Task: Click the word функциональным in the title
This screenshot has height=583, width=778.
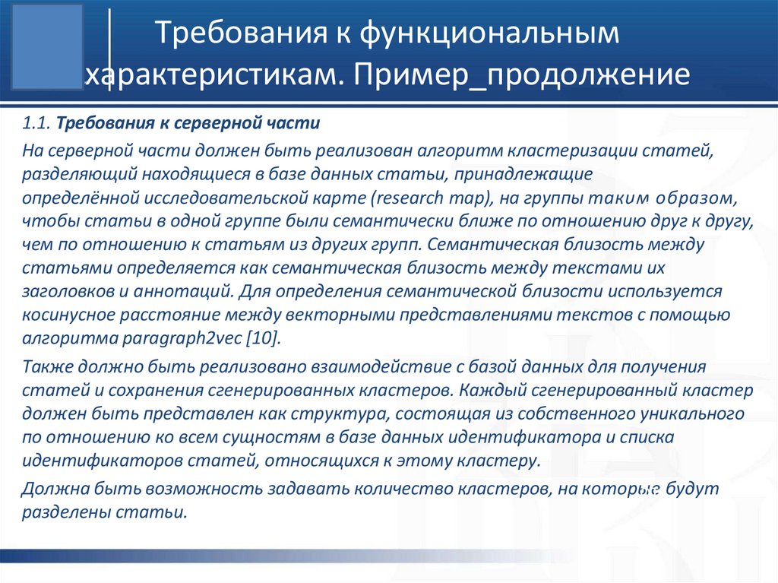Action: tap(486, 36)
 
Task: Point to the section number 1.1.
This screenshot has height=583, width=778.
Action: tap(36, 123)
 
